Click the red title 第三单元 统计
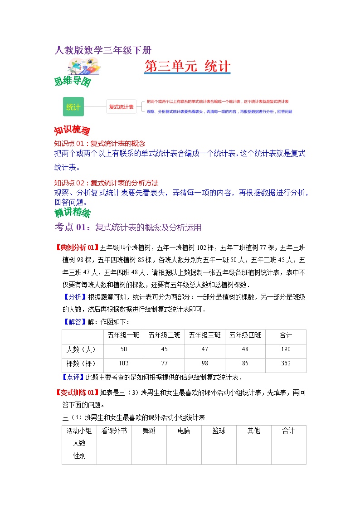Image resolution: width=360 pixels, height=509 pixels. [x=187, y=67]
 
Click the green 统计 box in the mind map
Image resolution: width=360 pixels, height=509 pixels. [x=73, y=107]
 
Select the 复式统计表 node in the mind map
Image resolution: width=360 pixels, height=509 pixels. [x=121, y=107]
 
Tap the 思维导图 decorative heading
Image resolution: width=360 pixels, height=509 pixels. [x=73, y=82]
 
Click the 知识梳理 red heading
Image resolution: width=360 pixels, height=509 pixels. [x=72, y=131]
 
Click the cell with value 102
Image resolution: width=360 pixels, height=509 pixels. [x=123, y=364]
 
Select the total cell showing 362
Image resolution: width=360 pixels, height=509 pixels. [x=286, y=364]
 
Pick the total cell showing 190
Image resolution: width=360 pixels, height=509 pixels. [x=286, y=349]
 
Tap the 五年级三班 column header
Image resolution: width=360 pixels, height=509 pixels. [x=204, y=335]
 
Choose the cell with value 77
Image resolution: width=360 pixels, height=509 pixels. [x=164, y=364]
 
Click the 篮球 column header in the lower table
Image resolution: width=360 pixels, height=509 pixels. [x=219, y=431]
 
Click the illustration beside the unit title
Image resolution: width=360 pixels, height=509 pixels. [x=84, y=66]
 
